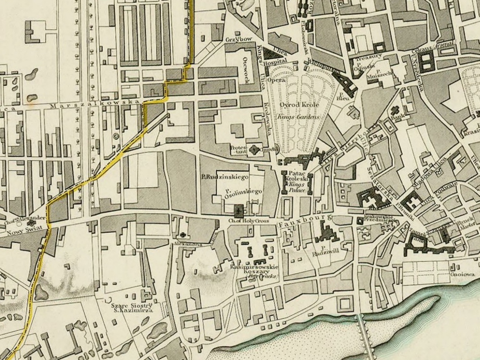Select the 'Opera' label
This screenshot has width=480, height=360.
point(276,80)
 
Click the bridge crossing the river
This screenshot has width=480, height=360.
point(366,336)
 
